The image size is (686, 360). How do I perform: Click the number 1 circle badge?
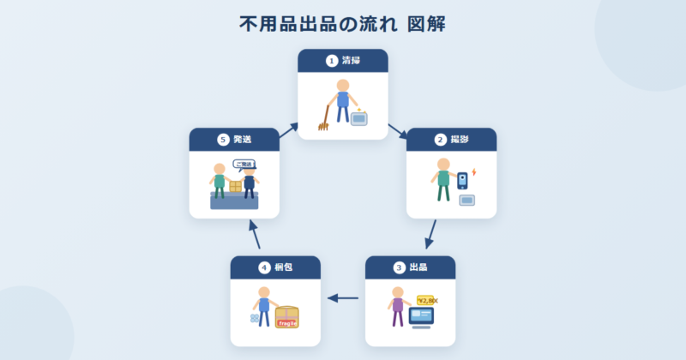click(332, 61)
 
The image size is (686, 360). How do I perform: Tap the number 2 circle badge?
click(441, 140)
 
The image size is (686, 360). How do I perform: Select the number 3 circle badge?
click(400, 267)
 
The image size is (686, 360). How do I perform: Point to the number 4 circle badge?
click(265, 267)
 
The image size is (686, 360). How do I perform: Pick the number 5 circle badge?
click(223, 140)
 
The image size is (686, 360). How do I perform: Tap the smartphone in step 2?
click(463, 180)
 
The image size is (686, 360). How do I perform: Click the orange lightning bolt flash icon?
click(474, 172)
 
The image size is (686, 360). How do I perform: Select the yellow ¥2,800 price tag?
click(427, 300)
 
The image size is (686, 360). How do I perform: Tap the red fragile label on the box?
click(286, 323)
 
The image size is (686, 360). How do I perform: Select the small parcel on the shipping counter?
click(235, 186)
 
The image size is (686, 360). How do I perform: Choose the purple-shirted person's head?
click(397, 292)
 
